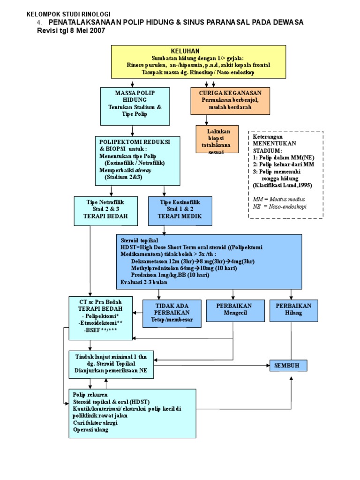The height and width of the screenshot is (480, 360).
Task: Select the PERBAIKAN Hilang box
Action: pyautogui.click(x=293, y=309)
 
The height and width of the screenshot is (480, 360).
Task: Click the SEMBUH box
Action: pyautogui.click(x=288, y=365)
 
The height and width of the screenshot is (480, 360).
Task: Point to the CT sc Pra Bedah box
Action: pyautogui.click(x=101, y=318)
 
